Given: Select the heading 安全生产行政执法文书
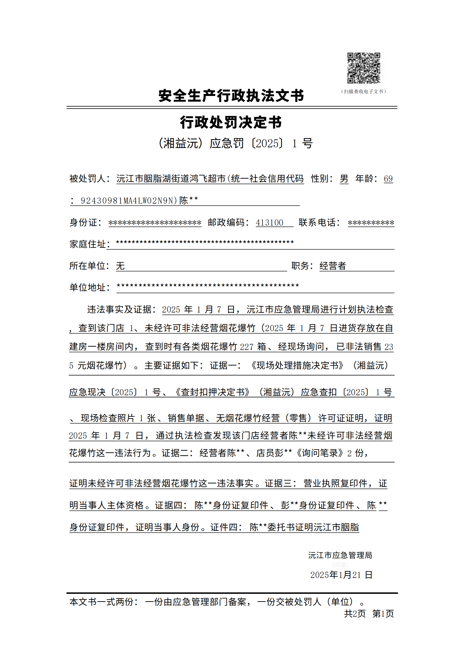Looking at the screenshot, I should (231, 96).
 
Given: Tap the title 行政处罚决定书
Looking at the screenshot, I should (231, 122).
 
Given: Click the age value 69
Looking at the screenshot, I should (388, 179).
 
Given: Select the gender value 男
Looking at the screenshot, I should (344, 179).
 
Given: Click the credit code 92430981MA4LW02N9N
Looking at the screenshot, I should (127, 201).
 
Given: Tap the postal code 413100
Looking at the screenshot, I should (270, 223).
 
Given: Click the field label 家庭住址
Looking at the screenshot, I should (88, 244).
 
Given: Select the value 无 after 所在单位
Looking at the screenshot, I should (120, 266).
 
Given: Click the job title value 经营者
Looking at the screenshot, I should (333, 266).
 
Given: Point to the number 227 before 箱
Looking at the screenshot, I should (246, 347).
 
